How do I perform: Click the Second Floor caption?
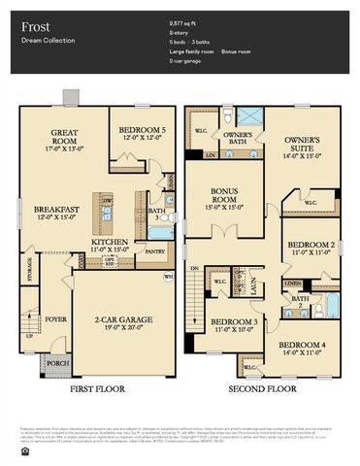pyautogui.click(x=262, y=389)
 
